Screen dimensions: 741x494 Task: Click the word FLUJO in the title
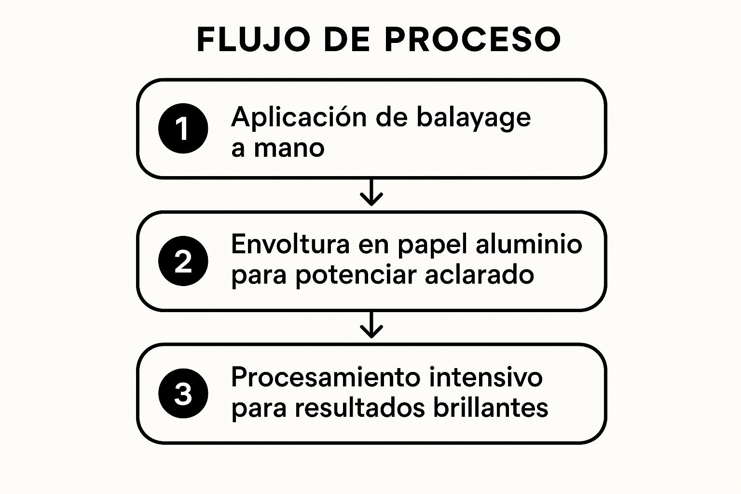click(x=254, y=39)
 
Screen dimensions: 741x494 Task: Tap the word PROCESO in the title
click(x=472, y=39)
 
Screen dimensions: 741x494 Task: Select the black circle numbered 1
click(x=183, y=128)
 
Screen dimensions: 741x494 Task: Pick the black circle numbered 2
click(x=183, y=261)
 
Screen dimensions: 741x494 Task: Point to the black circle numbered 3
click(x=183, y=393)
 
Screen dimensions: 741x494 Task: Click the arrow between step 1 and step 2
click(x=371, y=192)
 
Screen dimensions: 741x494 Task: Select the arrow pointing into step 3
click(x=371, y=325)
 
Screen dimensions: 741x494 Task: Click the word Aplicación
click(x=299, y=117)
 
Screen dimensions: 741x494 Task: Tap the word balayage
click(x=474, y=118)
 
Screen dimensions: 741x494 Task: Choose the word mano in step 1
click(x=289, y=149)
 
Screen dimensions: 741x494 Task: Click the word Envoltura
click(x=290, y=244)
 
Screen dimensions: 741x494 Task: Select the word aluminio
click(x=529, y=244)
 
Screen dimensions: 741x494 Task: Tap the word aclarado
click(x=480, y=274)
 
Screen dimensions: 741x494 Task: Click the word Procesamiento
click(x=326, y=377)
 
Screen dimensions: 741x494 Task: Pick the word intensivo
click(x=486, y=377)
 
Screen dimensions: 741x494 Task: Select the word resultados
click(x=360, y=408)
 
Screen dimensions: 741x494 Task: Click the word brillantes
click(x=491, y=407)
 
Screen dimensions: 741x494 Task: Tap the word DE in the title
click(x=347, y=39)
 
